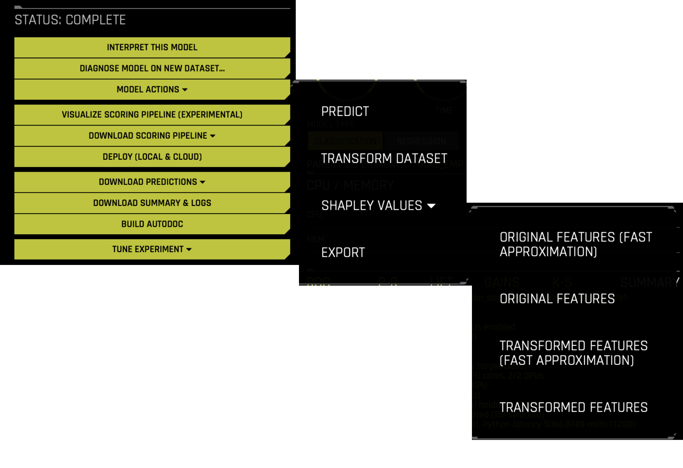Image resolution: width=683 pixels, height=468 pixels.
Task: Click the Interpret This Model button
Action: point(152,47)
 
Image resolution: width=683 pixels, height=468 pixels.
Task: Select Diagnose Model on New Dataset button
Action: point(152,68)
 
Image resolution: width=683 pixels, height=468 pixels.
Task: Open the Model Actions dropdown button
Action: point(152,89)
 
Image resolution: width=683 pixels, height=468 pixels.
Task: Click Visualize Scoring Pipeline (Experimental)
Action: point(152,115)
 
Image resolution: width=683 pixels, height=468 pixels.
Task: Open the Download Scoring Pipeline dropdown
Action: point(152,135)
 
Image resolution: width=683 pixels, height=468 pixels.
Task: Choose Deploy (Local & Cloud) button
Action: point(152,157)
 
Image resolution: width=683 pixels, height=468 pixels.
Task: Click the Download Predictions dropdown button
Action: point(152,182)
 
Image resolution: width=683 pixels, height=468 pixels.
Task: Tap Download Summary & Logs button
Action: point(152,203)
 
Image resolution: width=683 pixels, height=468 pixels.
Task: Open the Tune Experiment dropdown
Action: point(152,249)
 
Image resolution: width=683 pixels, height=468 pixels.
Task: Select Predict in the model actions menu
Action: point(345,112)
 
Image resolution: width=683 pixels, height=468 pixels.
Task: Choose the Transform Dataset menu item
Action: point(384,159)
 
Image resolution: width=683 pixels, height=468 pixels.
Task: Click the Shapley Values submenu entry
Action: point(372,206)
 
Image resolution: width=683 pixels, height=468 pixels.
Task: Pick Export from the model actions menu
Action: point(343,252)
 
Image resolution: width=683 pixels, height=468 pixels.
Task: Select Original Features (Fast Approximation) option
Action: point(575,244)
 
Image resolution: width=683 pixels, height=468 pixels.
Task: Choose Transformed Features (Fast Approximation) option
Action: point(573,353)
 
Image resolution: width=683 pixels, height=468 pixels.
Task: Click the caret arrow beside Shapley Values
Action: point(431,206)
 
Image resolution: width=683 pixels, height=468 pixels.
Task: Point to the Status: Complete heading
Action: point(70,20)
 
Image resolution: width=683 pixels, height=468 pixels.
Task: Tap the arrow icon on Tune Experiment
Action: point(189,249)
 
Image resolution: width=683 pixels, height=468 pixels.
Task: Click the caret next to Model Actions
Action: point(185,90)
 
